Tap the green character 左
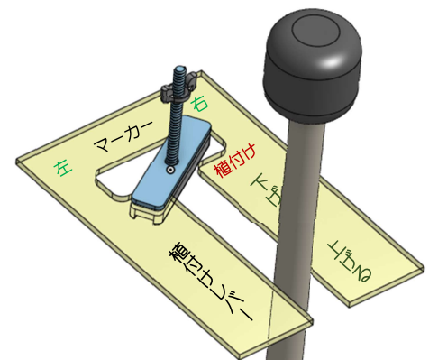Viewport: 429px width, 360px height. (63, 168)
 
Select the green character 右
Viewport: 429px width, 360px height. (200, 105)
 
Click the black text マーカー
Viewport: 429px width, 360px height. (123, 135)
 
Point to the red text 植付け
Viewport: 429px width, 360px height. (235, 161)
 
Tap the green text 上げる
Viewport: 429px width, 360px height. (350, 261)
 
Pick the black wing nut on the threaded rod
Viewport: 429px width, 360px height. (178, 88)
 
